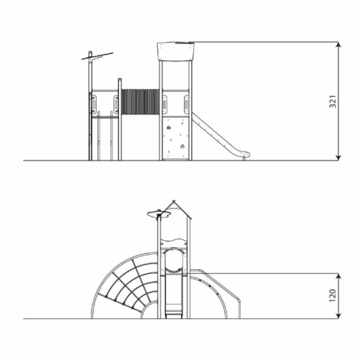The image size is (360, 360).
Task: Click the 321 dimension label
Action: tap(333, 101)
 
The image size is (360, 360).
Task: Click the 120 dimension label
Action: tap(333, 296)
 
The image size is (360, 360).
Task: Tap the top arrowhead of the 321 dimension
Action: tap(338, 45)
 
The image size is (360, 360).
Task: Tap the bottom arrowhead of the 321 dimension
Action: tap(338, 158)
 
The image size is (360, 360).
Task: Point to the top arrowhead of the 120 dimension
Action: tap(338, 276)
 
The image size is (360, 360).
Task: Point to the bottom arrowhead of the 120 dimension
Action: tap(338, 316)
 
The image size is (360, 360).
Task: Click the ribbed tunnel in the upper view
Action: tap(140, 102)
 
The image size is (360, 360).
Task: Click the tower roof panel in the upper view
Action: tap(176, 51)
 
